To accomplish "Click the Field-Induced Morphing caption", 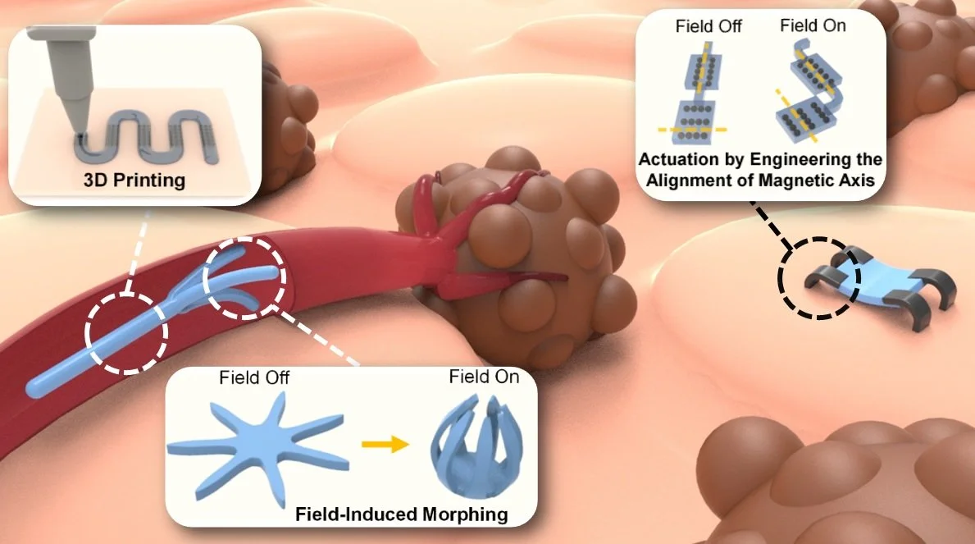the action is [x=402, y=515].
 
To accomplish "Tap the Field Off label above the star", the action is [x=253, y=378].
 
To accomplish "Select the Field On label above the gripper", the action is [x=484, y=378].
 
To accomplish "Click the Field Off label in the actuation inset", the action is [x=708, y=26].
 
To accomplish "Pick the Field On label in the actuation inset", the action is [x=813, y=25].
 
